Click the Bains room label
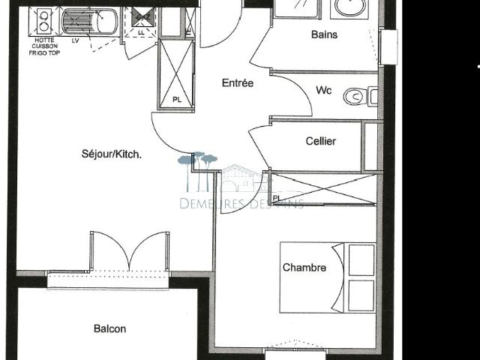click(324, 34)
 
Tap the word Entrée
click(237, 83)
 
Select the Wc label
click(323, 91)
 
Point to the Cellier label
click(321, 142)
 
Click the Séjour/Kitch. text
click(112, 154)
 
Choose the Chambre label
click(304, 268)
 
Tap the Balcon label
click(109, 328)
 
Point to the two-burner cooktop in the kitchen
click(40, 17)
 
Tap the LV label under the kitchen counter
click(76, 40)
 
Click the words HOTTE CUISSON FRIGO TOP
click(42, 47)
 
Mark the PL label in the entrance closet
click(177, 99)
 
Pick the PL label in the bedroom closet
click(277, 198)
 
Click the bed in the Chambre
click(327, 277)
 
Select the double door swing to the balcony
click(129, 251)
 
